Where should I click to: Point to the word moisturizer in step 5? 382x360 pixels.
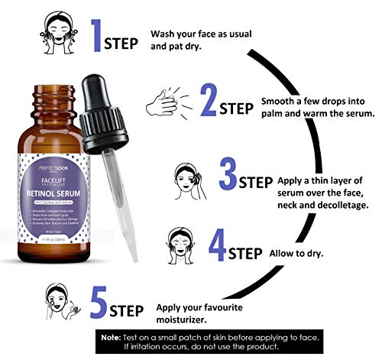[187, 313]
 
